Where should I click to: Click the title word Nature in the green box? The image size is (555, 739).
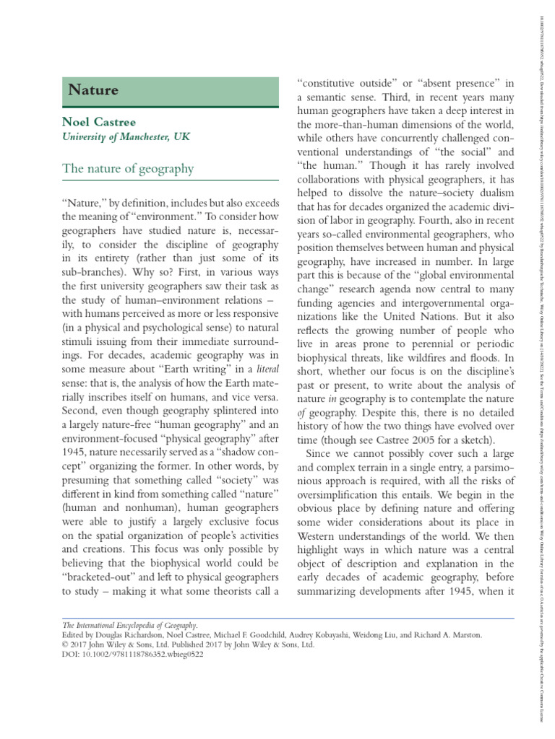click(93, 90)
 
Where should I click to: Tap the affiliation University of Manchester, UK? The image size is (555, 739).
click(126, 136)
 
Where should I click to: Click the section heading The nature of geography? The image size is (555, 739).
click(128, 169)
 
